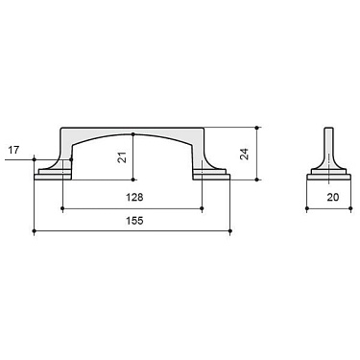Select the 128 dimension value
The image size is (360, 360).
[x=133, y=197]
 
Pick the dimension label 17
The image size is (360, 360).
[x=12, y=150]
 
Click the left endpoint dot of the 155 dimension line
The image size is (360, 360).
[x=35, y=231]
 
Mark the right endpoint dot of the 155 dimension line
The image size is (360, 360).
[x=231, y=231]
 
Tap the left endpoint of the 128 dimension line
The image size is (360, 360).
[x=63, y=208]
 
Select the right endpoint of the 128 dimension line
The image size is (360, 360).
[x=204, y=208]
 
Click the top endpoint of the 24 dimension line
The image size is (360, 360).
[x=258, y=127]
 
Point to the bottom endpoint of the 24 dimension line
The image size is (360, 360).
[x=258, y=180]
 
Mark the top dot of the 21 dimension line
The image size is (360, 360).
[x=133, y=132]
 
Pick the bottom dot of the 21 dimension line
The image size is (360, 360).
[x=133, y=179]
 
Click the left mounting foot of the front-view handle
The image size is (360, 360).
[x=54, y=174]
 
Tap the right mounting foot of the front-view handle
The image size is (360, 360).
[x=213, y=174]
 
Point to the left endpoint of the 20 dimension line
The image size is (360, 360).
[x=307, y=208]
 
